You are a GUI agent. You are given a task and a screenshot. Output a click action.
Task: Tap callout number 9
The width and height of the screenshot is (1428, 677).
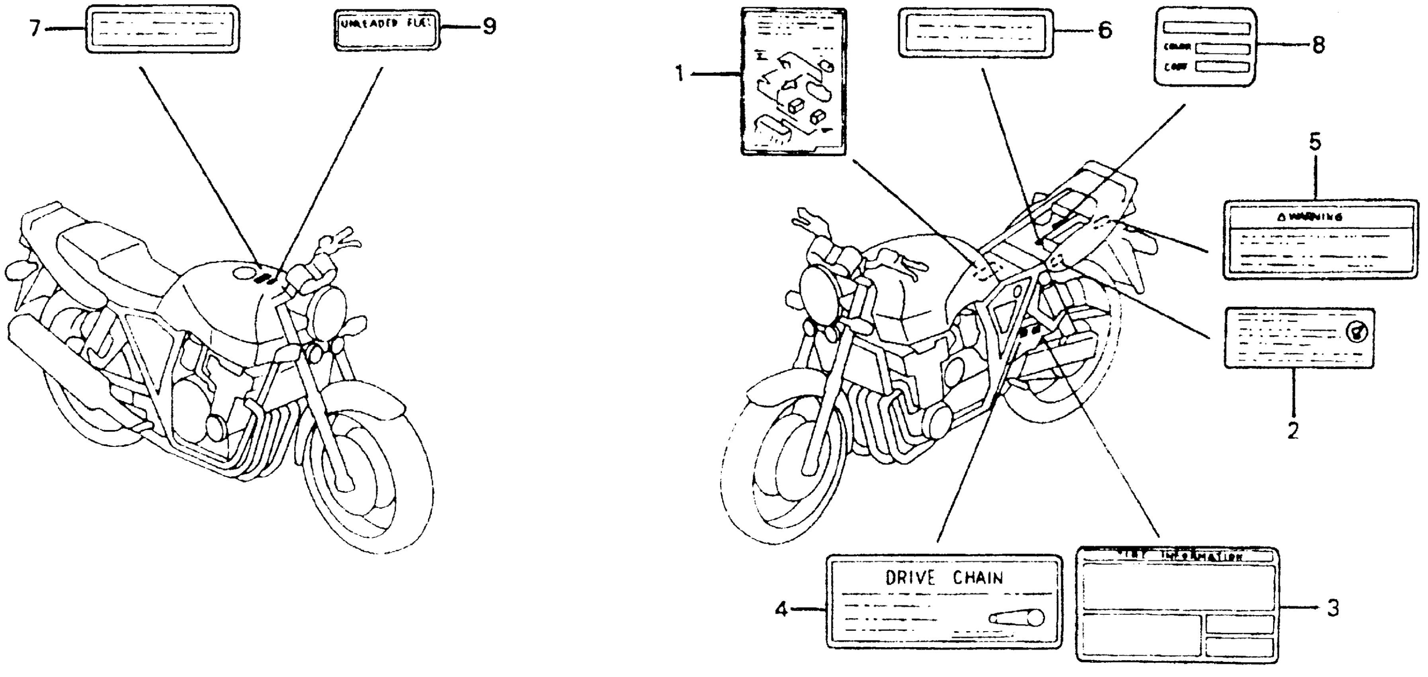[x=489, y=26]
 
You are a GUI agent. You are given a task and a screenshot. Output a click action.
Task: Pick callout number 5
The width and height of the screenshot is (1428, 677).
[x=1315, y=143]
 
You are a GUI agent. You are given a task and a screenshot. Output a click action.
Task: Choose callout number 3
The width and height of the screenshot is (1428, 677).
[x=1332, y=608]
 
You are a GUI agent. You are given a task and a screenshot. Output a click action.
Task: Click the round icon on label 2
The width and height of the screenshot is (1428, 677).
[x=1356, y=332]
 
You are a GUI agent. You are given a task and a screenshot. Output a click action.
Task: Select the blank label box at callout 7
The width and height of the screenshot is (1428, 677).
[x=162, y=29]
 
